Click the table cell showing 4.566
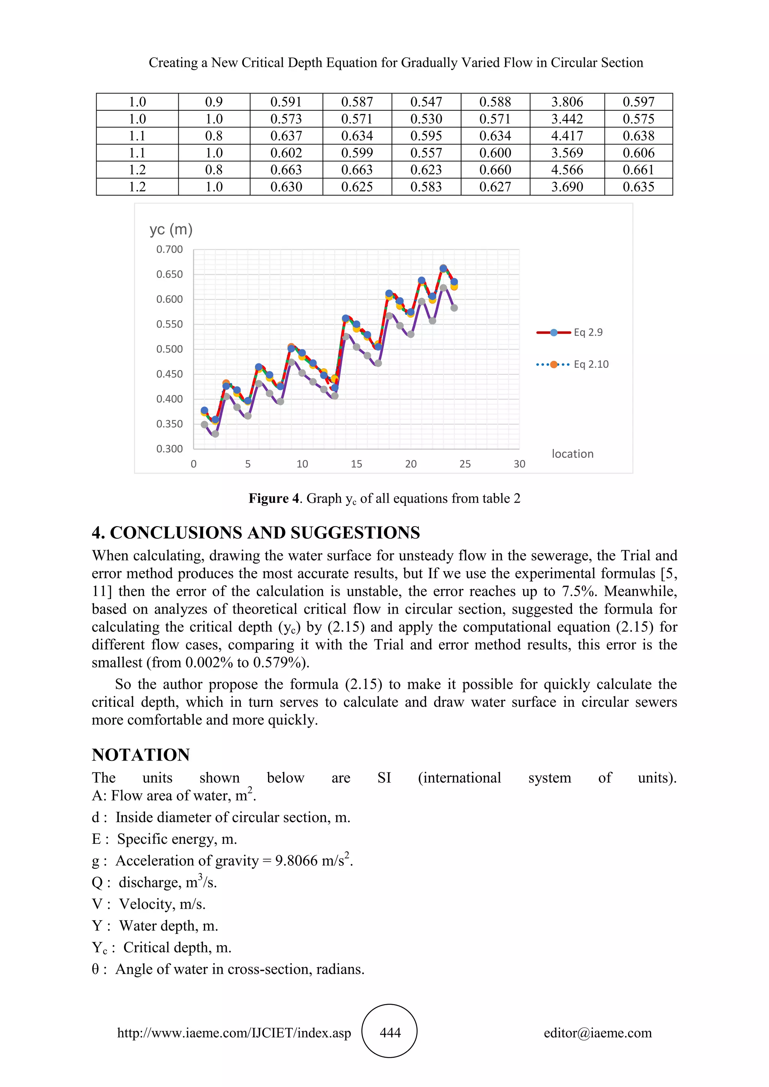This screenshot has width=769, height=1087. (567, 170)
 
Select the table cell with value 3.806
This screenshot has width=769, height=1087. (567, 102)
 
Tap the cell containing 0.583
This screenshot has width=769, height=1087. (426, 187)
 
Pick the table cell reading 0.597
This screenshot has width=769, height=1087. (638, 102)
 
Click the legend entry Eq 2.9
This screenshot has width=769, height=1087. (588, 332)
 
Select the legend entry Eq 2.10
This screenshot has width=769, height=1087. (591, 364)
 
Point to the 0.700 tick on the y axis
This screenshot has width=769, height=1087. (169, 250)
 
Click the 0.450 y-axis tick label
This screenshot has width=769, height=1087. (169, 374)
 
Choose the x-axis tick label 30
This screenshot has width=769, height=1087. (519, 464)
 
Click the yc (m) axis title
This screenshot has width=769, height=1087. (171, 230)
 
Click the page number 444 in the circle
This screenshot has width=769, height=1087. (390, 1033)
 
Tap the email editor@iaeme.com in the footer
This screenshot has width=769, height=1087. (597, 1033)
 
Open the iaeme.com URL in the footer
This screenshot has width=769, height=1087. (234, 1033)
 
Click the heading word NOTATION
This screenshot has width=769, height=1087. (141, 755)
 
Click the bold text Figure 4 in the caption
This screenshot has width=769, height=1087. (274, 498)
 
